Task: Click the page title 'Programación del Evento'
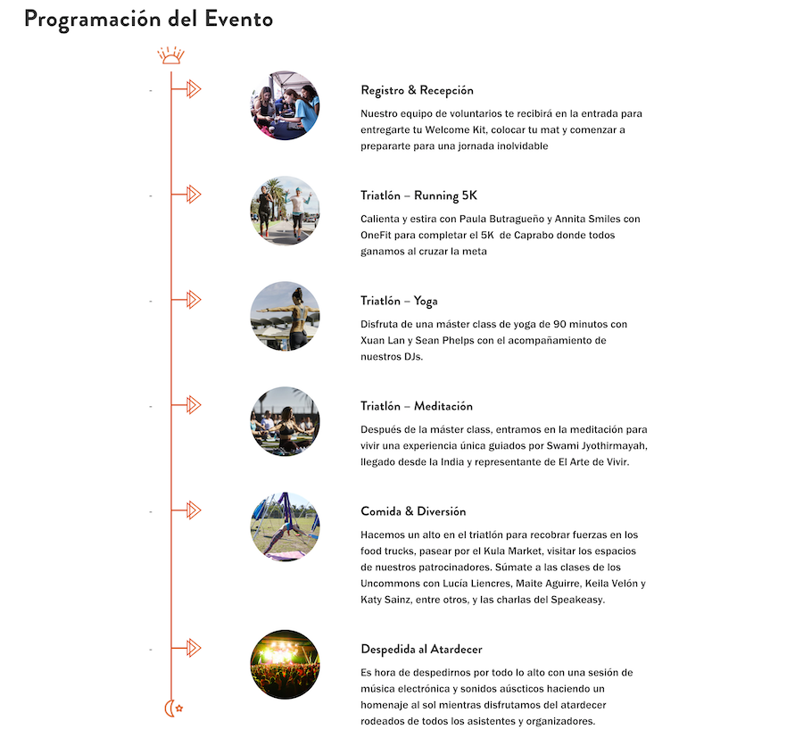pyautogui.click(x=148, y=19)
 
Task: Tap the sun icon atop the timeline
pyautogui.click(x=170, y=56)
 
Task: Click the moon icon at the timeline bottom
pyautogui.click(x=172, y=709)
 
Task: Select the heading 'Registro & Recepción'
pyautogui.click(x=417, y=90)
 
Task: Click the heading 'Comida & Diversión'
pyautogui.click(x=413, y=511)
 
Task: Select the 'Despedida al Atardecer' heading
pyautogui.click(x=421, y=649)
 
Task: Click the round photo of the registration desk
pyautogui.click(x=285, y=106)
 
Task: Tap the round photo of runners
pyautogui.click(x=285, y=211)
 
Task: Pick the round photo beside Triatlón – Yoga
pyautogui.click(x=285, y=317)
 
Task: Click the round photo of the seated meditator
pyautogui.click(x=285, y=422)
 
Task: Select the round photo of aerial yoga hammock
pyautogui.click(x=285, y=527)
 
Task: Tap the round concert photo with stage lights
pyautogui.click(x=285, y=665)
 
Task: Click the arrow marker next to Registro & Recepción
pyautogui.click(x=193, y=89)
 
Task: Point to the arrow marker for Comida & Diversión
pyautogui.click(x=193, y=510)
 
